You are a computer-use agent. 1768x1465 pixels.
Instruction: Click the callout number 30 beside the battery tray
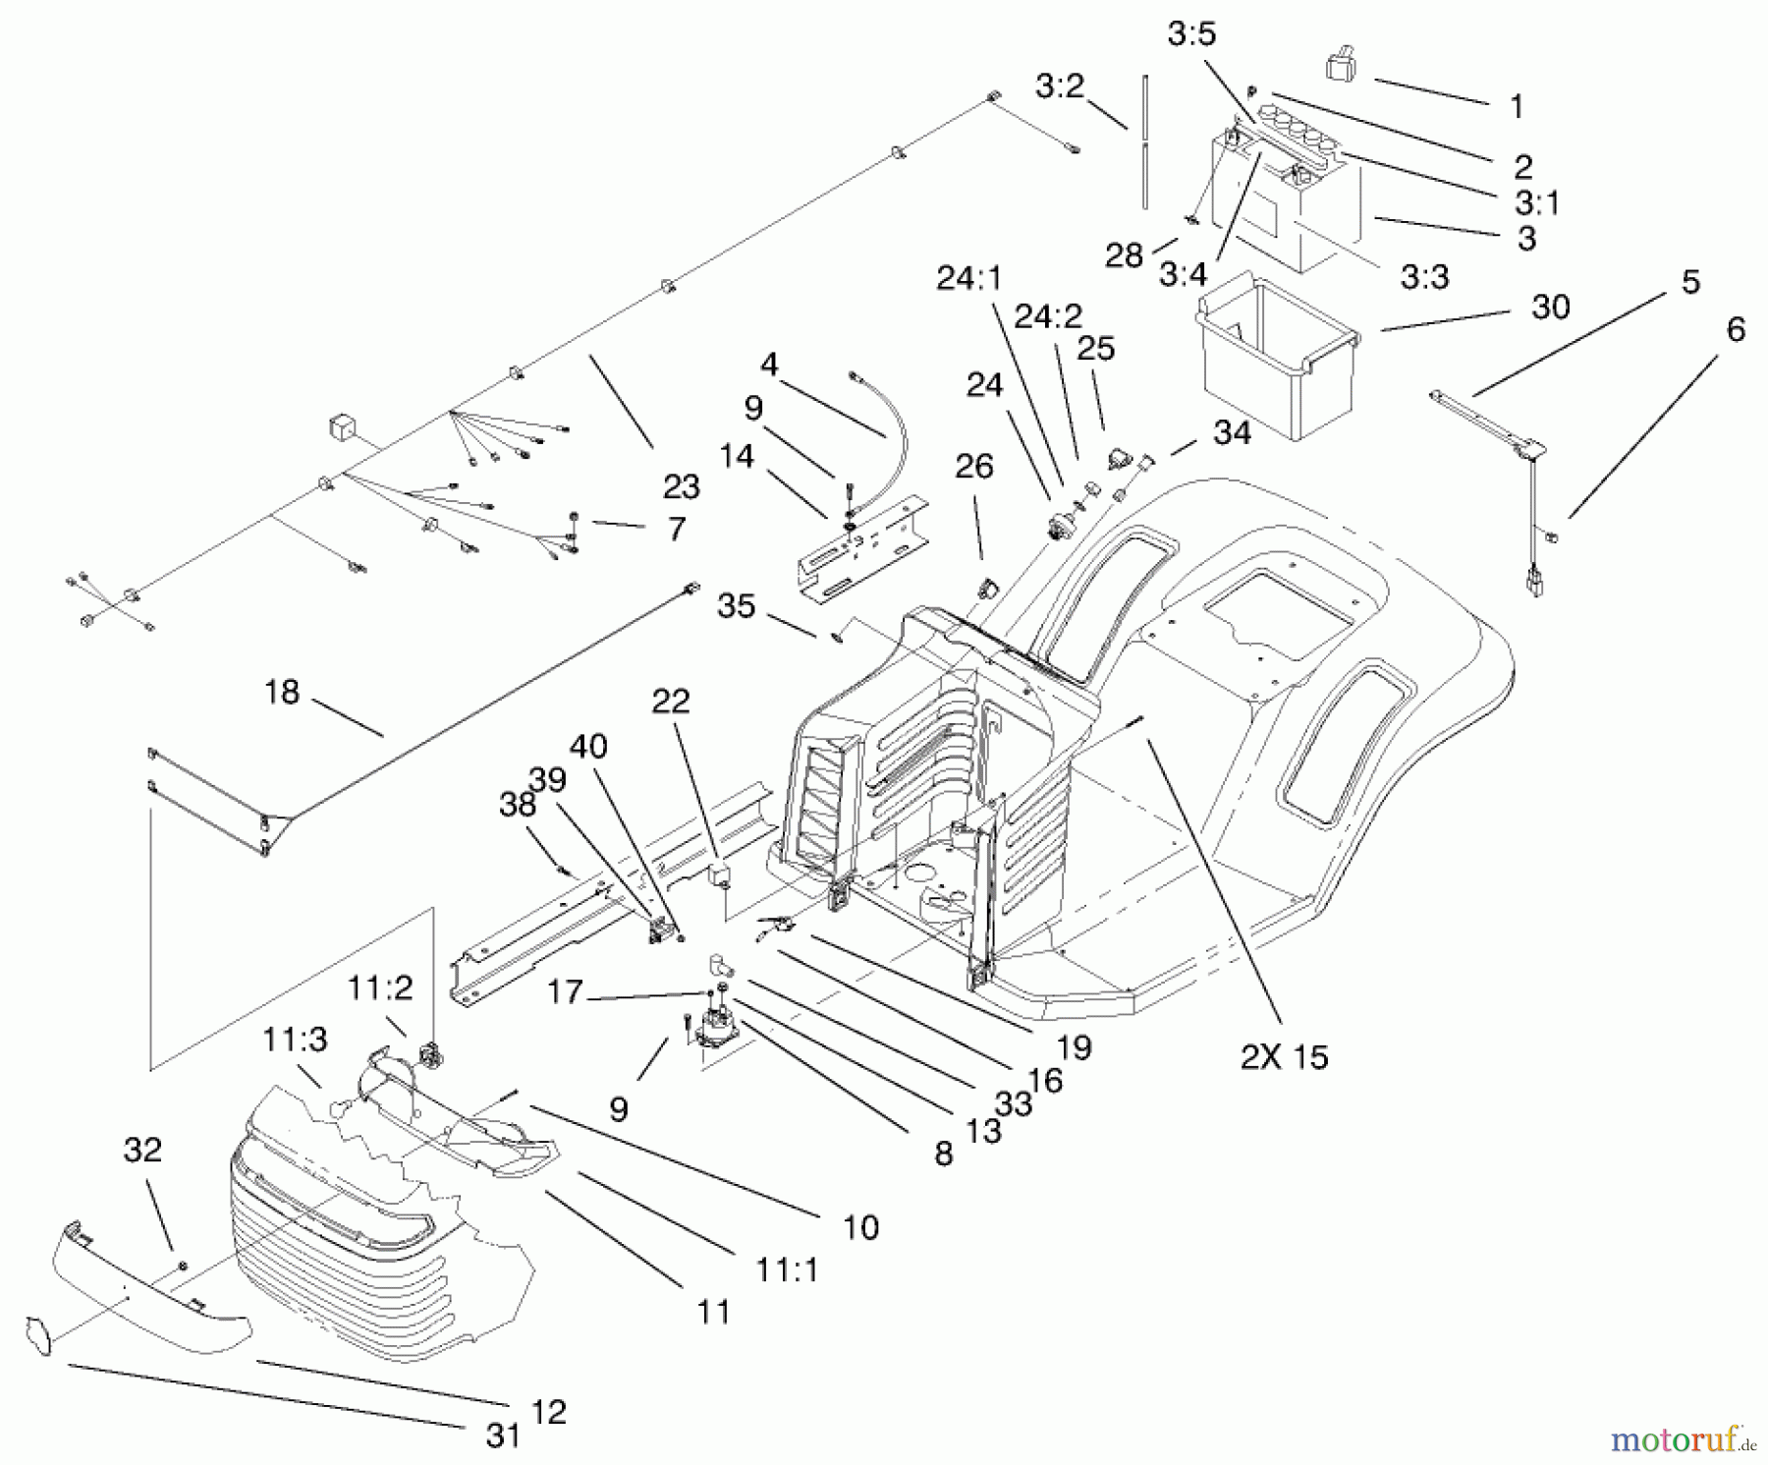pos(1551,308)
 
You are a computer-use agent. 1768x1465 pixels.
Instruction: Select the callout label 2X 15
pos(1284,1056)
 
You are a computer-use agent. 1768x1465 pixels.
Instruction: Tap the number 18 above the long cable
pos(281,692)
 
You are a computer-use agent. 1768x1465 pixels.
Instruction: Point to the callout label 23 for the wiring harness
pos(682,486)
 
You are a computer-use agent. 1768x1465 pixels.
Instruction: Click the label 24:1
pos(968,280)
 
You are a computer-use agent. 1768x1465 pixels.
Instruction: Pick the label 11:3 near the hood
pos(295,1039)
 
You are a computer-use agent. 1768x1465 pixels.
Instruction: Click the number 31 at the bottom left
pos(503,1436)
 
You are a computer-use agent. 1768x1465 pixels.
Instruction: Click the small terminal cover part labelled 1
pos(1342,66)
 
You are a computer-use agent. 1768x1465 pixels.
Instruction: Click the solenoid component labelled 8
pos(719,1027)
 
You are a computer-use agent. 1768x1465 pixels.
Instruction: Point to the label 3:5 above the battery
pos(1191,34)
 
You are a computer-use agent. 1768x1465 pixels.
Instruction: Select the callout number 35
pos(736,606)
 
